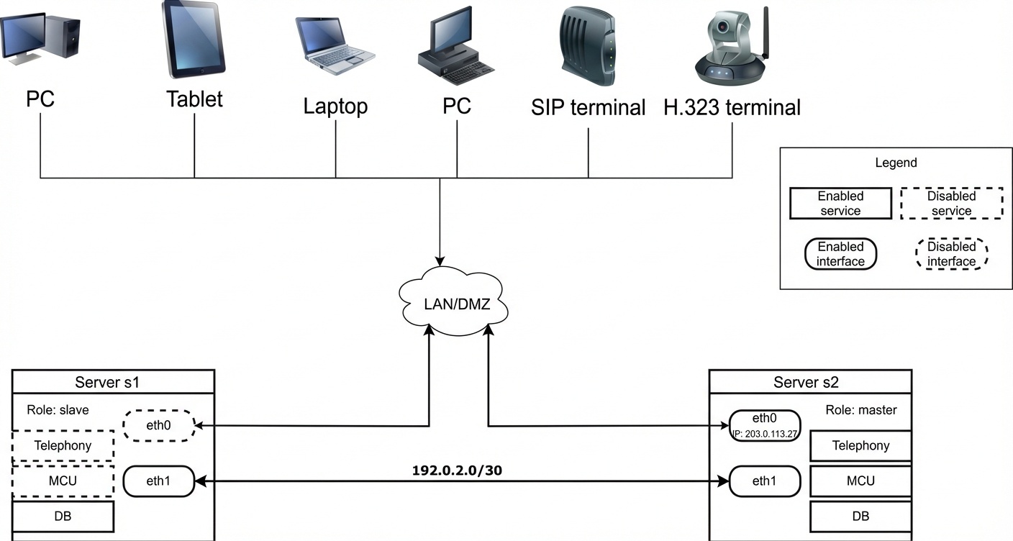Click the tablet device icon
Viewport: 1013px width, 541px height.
pyautogui.click(x=194, y=40)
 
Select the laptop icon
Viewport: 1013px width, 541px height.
pyautogui.click(x=335, y=46)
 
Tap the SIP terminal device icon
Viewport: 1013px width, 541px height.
pyautogui.click(x=588, y=46)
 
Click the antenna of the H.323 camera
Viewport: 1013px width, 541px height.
pyautogui.click(x=766, y=32)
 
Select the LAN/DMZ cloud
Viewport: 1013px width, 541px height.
pyautogui.click(x=454, y=301)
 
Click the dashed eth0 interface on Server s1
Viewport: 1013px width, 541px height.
pyautogui.click(x=159, y=425)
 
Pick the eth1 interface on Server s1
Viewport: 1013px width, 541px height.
pyautogui.click(x=159, y=481)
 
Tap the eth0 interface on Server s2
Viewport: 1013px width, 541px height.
pyautogui.click(x=765, y=425)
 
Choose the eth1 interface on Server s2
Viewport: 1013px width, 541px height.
pyautogui.click(x=765, y=481)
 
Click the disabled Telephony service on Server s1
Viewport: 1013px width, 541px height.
pyautogui.click(x=63, y=445)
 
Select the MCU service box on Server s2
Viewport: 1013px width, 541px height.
pyautogui.click(x=860, y=481)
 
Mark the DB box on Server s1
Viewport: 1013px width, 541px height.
pyautogui.click(x=63, y=516)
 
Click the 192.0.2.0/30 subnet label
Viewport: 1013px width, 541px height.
pyautogui.click(x=457, y=470)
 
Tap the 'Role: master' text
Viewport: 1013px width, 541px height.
pyautogui.click(x=861, y=410)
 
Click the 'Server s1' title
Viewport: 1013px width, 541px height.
pyautogui.click(x=107, y=382)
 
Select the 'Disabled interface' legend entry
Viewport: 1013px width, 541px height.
pyautogui.click(x=952, y=254)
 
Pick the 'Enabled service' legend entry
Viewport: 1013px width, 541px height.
pyautogui.click(x=841, y=204)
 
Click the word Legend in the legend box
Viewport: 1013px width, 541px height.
pyautogui.click(x=896, y=163)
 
